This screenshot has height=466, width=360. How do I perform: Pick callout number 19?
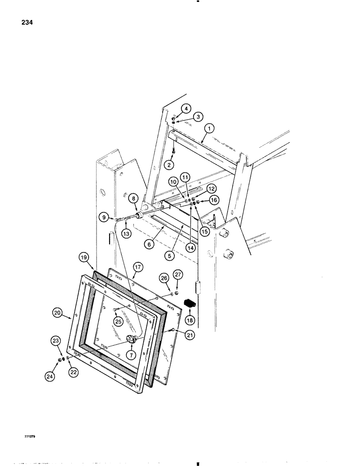(83, 257)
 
